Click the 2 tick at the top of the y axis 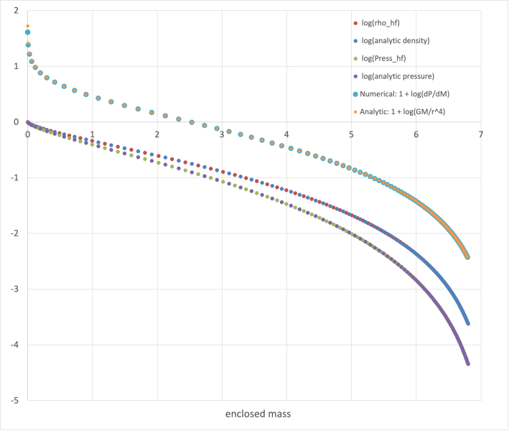pos(16,11)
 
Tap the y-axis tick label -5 pos(14,401)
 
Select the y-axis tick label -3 pos(14,289)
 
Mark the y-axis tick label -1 pos(14,178)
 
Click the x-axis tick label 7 pos(481,134)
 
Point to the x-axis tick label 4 pos(286,134)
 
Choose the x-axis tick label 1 pos(92,134)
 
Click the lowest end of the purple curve pos(468,364)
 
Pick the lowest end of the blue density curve pos(468,324)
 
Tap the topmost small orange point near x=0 pos(27,26)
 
